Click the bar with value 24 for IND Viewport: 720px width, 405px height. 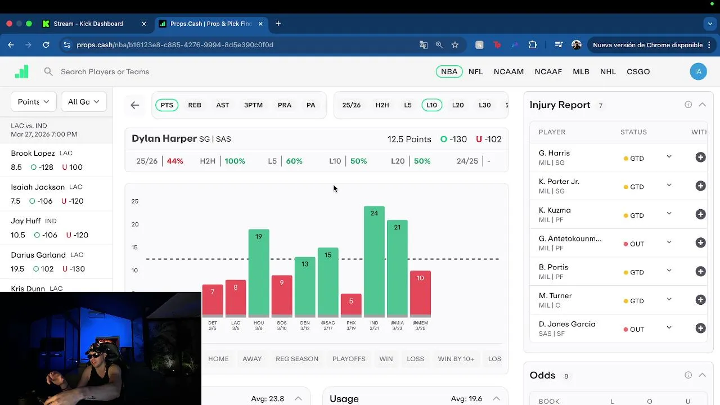(374, 262)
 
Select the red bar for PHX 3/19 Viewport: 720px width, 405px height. (351, 304)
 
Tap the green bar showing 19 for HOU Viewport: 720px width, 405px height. (259, 273)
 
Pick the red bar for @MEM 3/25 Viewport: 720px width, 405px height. (420, 293)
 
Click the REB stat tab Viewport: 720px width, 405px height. (195, 105)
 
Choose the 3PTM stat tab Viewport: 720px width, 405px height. (253, 105)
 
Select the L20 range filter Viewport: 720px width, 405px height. (458, 105)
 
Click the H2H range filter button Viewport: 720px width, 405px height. (382, 105)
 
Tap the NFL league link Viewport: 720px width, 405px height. (475, 71)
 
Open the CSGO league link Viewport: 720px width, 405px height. (638, 71)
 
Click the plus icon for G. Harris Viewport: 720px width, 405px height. (700, 157)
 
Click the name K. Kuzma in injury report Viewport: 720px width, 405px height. (555, 210)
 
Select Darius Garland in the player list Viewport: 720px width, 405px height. (38, 255)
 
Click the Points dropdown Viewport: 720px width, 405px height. (33, 102)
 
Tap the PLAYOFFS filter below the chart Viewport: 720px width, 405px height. (349, 359)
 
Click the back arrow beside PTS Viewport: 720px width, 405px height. (135, 105)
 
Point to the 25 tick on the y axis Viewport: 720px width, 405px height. (135, 201)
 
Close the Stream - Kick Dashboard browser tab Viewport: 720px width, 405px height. (144, 24)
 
